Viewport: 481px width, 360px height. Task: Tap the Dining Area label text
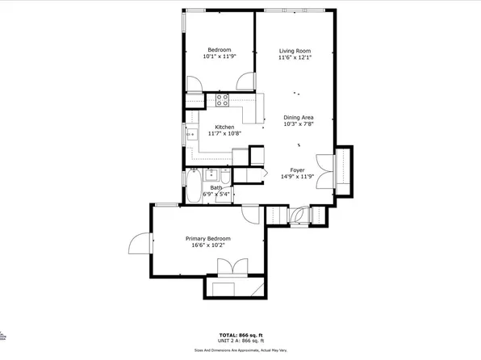click(x=298, y=117)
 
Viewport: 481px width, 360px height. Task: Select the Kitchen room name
click(x=224, y=126)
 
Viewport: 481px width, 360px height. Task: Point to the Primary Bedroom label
click(x=207, y=238)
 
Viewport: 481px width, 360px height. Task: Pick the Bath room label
click(x=216, y=188)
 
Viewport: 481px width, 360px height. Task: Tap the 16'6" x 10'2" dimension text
click(x=207, y=245)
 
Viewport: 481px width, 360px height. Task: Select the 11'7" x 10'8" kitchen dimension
click(x=224, y=133)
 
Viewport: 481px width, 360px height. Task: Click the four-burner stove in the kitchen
click(x=222, y=100)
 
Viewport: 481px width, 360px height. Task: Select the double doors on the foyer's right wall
click(x=324, y=171)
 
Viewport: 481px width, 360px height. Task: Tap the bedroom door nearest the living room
click(x=245, y=82)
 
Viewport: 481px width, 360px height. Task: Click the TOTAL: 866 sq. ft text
click(x=240, y=333)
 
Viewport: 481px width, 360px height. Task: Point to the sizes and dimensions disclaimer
click(x=240, y=350)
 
